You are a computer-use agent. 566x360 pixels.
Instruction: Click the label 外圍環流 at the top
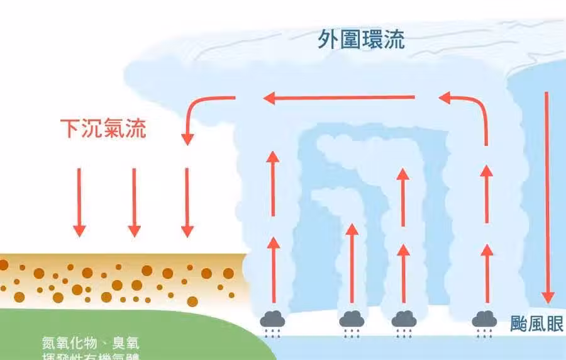coord(361,40)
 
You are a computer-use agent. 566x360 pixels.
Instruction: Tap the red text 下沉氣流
coord(103,128)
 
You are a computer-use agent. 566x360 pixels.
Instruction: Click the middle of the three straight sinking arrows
coord(133,201)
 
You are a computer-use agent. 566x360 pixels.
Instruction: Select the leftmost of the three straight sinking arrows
coord(79,201)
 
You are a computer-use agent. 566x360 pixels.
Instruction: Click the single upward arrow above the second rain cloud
coord(352,264)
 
